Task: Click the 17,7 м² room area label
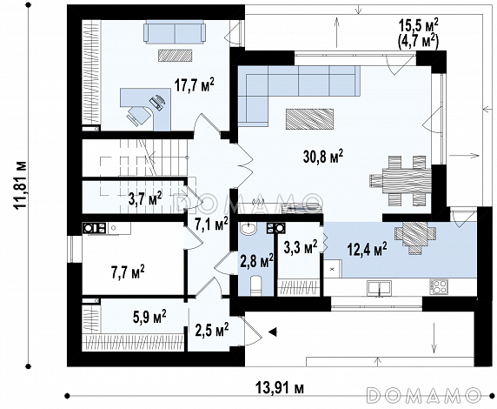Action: pos(195,86)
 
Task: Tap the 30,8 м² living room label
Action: pos(323,157)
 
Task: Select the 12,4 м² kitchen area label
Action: pos(367,249)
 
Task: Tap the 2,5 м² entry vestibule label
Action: pos(212,331)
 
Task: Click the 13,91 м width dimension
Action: pos(280,387)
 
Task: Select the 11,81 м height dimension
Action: pos(21,184)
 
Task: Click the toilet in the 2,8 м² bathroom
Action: pos(255,285)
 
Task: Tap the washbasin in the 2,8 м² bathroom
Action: pos(248,228)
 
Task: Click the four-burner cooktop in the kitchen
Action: pos(439,286)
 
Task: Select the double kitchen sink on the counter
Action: pos(379,287)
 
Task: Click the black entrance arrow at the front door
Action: pos(273,332)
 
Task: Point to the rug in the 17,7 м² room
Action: pos(176,55)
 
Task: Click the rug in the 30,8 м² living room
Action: pos(309,119)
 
